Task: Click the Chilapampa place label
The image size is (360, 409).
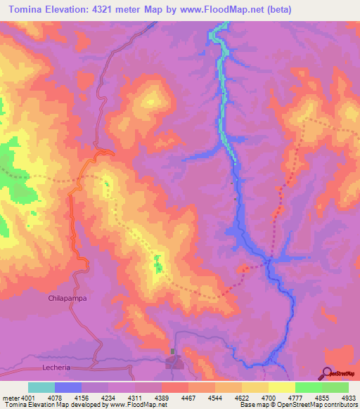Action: (67, 299)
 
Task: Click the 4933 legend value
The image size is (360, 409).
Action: (348, 397)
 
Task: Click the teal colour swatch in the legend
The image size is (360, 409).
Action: (41, 387)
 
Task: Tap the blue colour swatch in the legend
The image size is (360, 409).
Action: (68, 387)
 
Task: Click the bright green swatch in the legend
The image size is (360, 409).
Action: (309, 387)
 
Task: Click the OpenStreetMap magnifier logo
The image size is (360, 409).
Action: (328, 373)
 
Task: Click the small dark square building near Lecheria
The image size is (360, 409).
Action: (173, 351)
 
